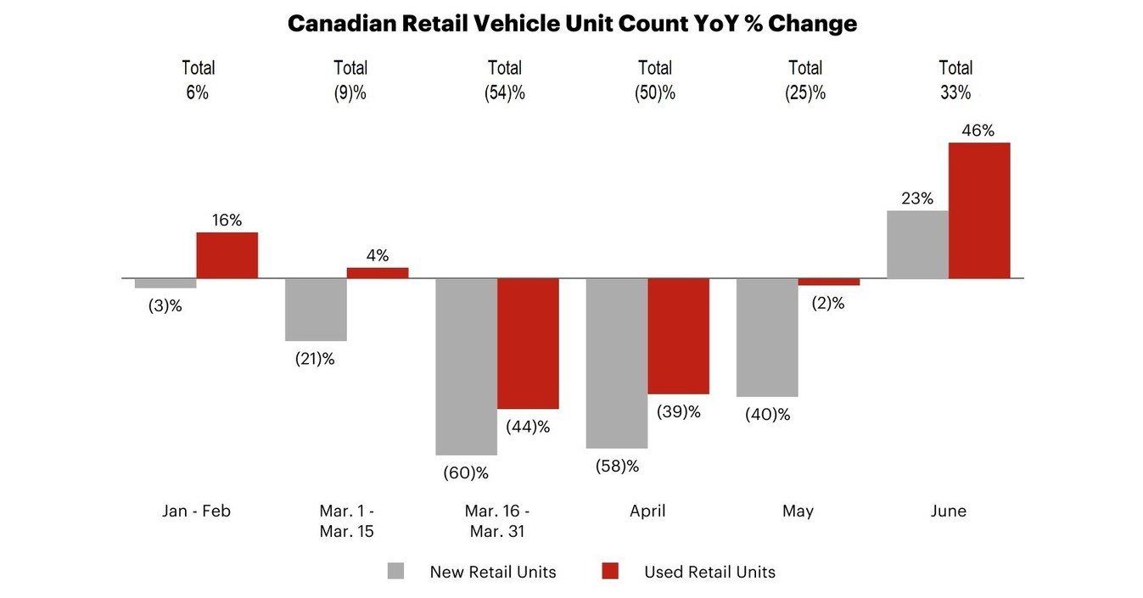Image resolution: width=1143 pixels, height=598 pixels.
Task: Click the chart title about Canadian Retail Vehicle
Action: (572, 24)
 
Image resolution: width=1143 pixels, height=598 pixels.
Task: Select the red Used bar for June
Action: (978, 210)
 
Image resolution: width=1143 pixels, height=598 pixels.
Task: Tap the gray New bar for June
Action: (917, 244)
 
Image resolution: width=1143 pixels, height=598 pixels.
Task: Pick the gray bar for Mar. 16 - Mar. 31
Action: (466, 366)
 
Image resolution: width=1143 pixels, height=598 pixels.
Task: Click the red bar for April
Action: (678, 336)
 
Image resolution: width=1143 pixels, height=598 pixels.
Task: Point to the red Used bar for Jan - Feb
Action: (227, 255)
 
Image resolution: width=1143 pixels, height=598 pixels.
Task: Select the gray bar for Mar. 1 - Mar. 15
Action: (316, 310)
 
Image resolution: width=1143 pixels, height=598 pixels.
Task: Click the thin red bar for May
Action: (828, 282)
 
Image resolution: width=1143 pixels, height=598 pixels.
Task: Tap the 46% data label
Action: (978, 131)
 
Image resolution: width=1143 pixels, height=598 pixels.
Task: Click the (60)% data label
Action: (466, 473)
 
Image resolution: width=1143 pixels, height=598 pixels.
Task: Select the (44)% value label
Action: (528, 427)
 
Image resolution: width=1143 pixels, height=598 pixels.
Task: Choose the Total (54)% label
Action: (505, 81)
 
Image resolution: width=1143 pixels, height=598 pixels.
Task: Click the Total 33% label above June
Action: (955, 81)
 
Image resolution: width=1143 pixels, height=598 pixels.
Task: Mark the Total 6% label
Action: (198, 81)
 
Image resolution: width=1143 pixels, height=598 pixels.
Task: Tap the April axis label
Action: (647, 511)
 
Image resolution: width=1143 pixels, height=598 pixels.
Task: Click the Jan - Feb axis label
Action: (196, 511)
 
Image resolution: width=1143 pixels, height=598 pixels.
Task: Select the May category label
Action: (798, 511)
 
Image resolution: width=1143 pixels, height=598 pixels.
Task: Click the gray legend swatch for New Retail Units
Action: (396, 572)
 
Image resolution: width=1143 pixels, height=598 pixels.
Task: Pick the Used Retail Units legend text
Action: (709, 573)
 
